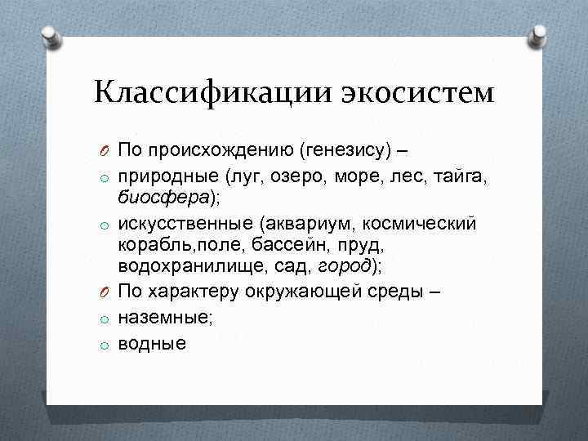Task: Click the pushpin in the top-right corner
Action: click(x=538, y=35)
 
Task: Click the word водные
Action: click(x=151, y=344)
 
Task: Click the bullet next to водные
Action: click(x=105, y=345)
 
